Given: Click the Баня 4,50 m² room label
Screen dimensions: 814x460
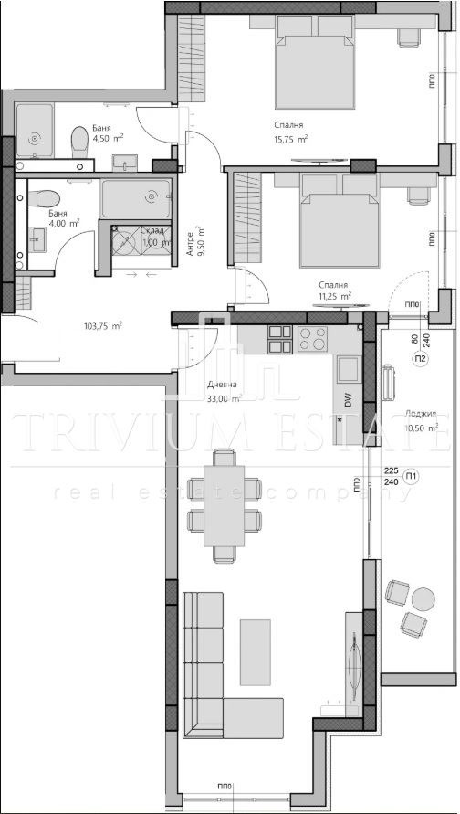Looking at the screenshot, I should point(102,134).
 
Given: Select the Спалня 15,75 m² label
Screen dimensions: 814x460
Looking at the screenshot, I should point(289,132).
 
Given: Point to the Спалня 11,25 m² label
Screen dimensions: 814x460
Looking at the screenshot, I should point(335,291).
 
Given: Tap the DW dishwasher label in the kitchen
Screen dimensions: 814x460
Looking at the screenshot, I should point(349,398).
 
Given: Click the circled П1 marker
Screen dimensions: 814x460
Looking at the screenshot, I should point(412,475).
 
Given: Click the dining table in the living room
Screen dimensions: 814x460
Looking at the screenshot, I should point(224,504).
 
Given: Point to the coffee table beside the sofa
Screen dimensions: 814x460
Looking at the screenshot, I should point(256,651).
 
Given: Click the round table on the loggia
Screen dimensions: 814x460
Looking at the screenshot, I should point(423,598).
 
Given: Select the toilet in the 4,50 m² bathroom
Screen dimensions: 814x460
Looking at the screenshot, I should point(79,140).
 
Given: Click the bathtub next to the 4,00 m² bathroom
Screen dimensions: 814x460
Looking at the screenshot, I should point(136,199).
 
